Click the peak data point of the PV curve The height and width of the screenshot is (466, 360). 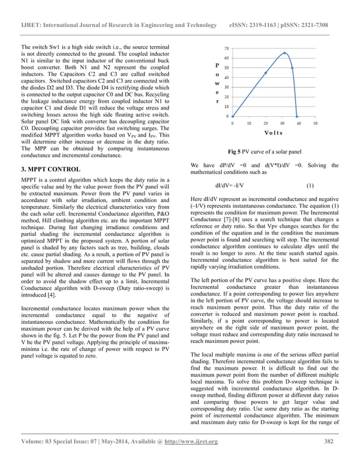pos(284,54)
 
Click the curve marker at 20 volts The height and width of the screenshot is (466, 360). pos(266,73)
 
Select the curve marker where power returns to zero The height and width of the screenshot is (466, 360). pos(297,116)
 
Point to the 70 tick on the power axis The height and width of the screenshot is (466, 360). pos(226,49)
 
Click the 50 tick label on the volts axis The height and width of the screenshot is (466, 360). pos(315,122)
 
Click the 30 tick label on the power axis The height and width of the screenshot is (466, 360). pos(226,87)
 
